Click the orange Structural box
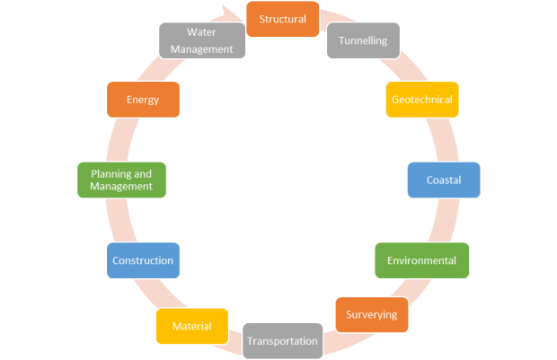282,19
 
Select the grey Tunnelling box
363,40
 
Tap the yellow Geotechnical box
422,100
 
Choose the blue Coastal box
443,180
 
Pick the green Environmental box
421,260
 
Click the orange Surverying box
372,315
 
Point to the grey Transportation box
282,340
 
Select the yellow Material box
191,326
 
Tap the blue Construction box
142,260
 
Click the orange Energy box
142,100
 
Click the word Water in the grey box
201,32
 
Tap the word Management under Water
201,48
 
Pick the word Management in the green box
121,187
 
